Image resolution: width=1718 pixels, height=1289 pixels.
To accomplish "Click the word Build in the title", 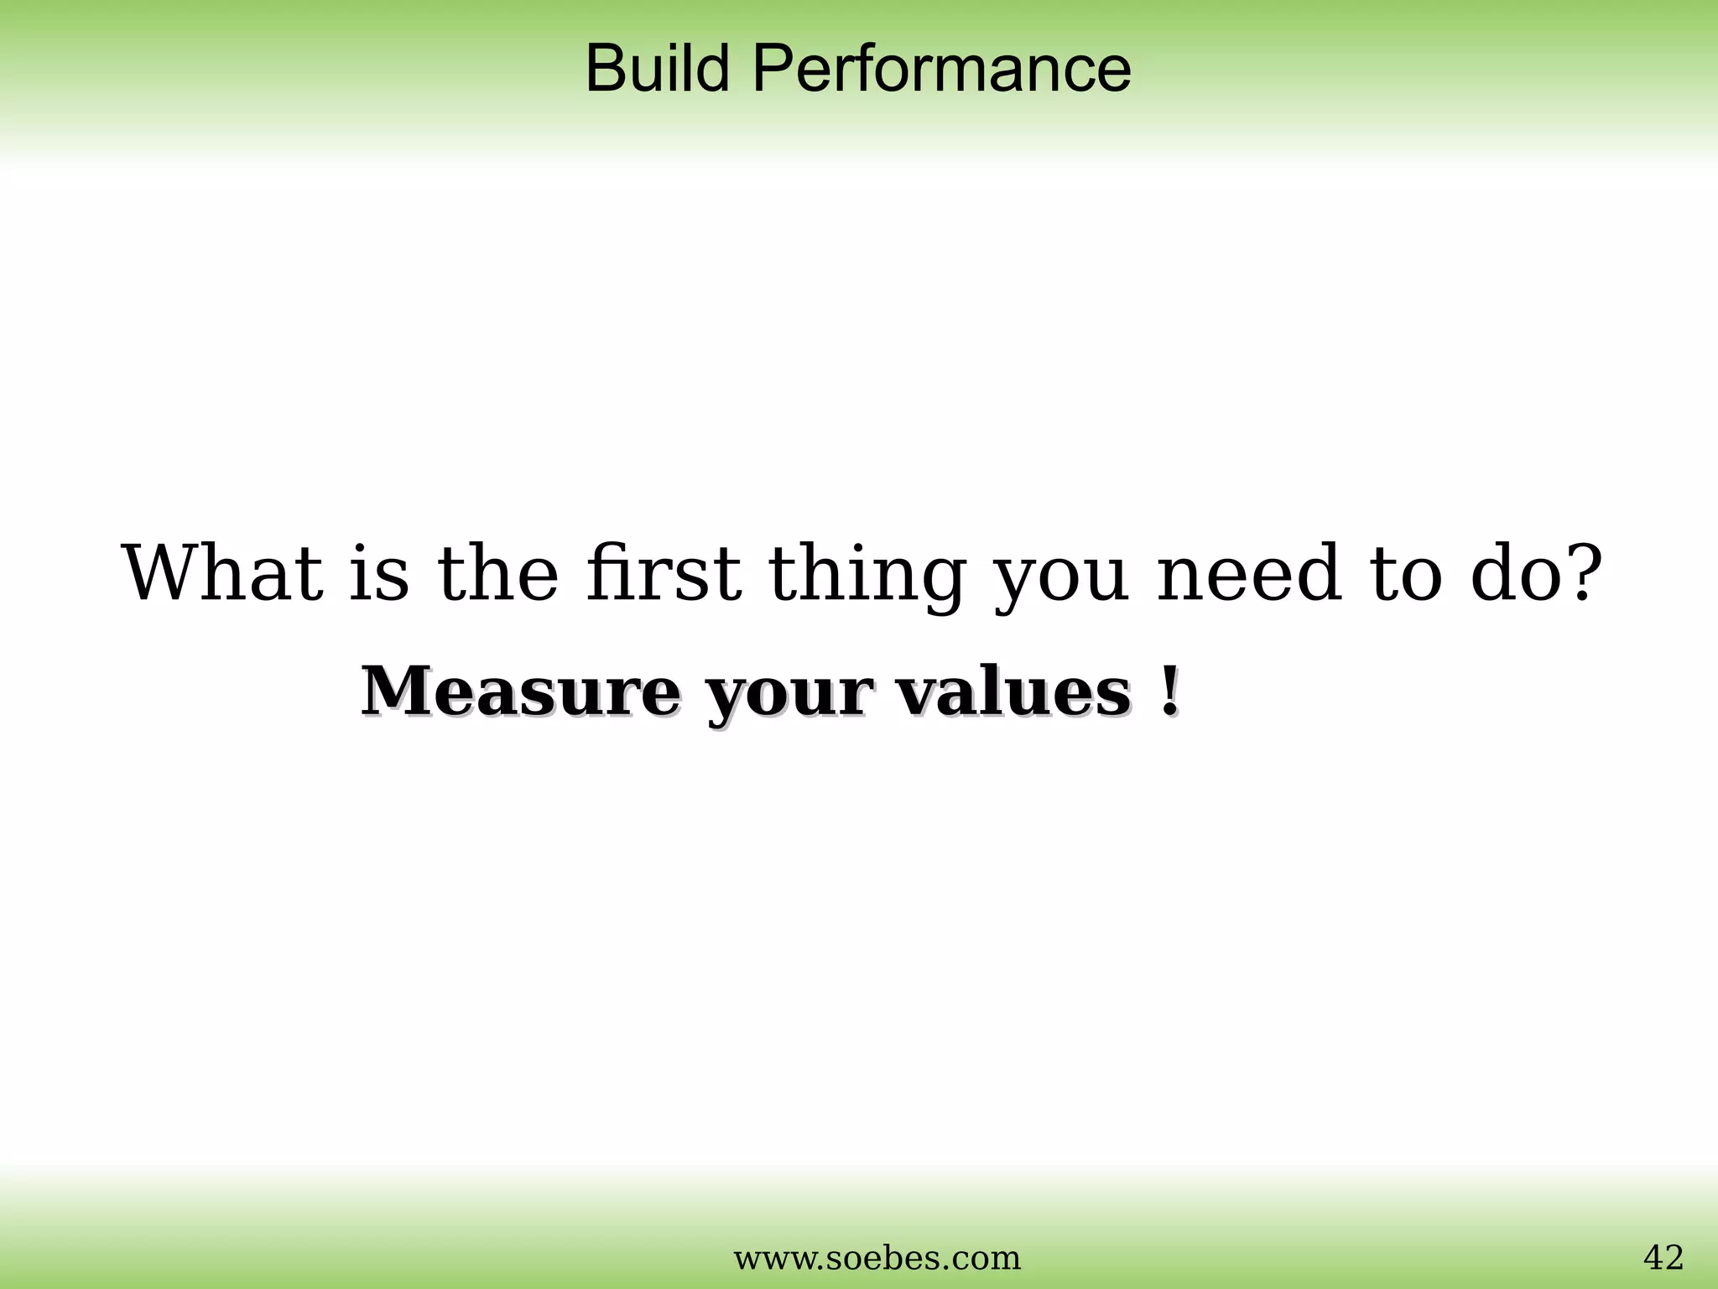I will pos(657,69).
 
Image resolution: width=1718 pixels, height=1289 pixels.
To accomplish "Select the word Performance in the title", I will pos(941,69).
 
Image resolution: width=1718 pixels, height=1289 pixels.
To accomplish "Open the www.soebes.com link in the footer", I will pos(877,1257).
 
